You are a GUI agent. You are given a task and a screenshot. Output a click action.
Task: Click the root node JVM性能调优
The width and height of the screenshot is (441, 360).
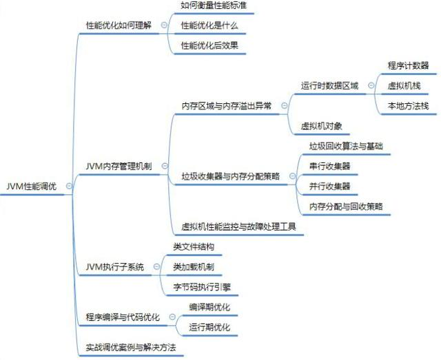32,187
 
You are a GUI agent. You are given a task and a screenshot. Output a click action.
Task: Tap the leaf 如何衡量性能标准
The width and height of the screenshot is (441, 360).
214,6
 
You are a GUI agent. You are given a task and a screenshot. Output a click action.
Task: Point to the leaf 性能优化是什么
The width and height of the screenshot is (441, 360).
209,25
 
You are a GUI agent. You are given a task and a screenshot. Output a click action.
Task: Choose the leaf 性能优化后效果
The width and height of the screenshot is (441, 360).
209,45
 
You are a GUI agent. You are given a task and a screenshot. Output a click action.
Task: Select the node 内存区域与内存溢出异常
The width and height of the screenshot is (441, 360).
226,106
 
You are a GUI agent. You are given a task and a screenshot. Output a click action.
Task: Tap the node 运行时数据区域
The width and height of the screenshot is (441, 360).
329,86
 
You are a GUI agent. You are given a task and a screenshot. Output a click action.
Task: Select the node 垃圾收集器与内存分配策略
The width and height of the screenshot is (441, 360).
231,176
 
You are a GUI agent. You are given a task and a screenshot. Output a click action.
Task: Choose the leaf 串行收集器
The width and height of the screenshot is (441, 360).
329,166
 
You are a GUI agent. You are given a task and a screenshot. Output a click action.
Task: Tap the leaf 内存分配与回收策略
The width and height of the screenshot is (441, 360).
346,206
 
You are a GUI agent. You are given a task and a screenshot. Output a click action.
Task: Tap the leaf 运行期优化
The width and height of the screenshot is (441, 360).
209,327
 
